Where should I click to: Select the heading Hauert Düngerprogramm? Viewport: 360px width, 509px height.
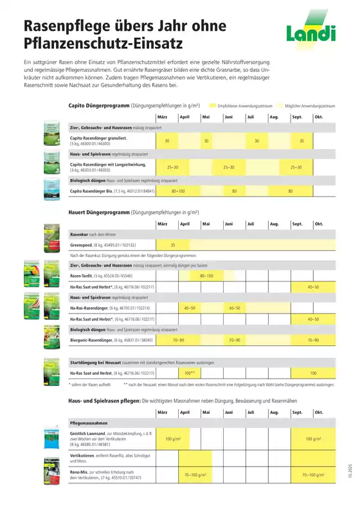tap(98, 211)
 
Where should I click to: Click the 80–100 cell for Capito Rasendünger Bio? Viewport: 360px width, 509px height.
tap(178, 192)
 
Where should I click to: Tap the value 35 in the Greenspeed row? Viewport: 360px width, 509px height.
tap(173, 246)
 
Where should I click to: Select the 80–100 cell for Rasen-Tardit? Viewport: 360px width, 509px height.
tap(207, 275)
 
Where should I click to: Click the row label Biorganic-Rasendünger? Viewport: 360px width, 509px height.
tap(94, 339)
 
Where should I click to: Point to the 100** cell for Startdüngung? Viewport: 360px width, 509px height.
tap(190, 373)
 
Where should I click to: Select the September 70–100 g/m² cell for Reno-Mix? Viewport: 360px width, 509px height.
tap(316, 475)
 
